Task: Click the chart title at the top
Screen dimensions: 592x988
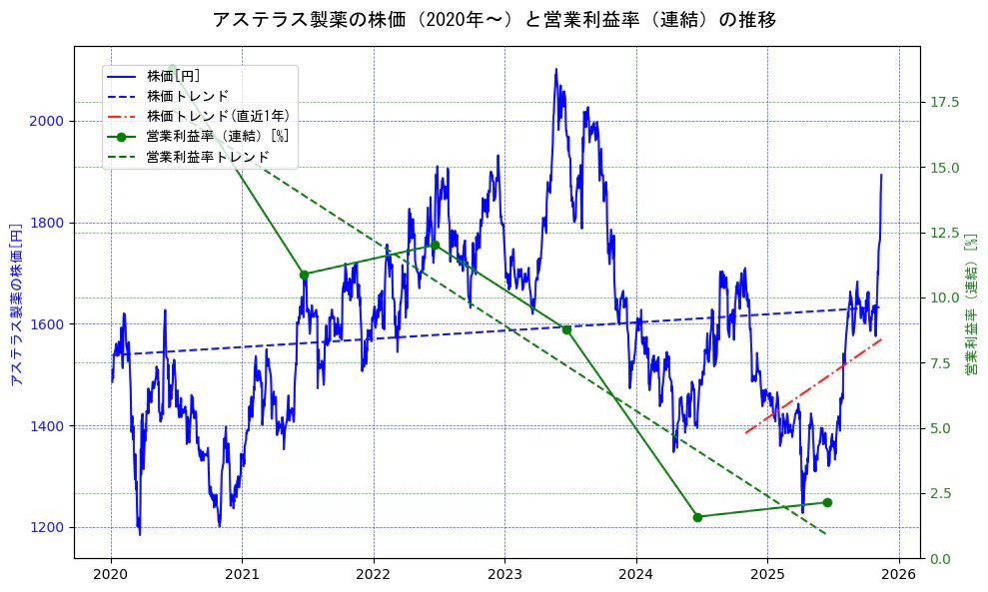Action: click(494, 19)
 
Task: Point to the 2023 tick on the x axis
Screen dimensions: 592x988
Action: click(504, 574)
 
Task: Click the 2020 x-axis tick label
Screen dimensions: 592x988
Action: click(111, 574)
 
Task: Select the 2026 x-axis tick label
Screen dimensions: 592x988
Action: click(898, 574)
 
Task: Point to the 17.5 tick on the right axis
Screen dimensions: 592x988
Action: click(944, 103)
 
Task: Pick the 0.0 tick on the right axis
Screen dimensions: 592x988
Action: click(940, 559)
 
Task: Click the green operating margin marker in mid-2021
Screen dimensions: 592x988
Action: click(304, 275)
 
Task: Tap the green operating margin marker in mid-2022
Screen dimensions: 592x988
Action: click(435, 246)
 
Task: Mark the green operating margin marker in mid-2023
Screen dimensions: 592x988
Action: click(566, 329)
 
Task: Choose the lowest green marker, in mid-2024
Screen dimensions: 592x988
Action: click(697, 517)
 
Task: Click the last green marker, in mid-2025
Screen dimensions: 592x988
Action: click(827, 502)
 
